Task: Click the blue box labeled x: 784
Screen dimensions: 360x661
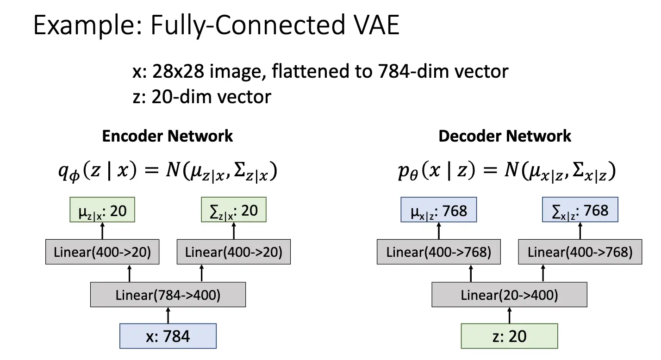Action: (x=168, y=336)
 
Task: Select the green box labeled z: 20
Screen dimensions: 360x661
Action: (x=509, y=336)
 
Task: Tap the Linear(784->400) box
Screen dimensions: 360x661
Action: (x=168, y=295)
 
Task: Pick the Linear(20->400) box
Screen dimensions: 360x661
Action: (x=509, y=295)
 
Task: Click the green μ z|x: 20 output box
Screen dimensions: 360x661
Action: (x=102, y=211)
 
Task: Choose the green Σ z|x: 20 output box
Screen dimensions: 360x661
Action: (x=234, y=211)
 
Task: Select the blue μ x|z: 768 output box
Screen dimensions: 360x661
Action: (x=438, y=211)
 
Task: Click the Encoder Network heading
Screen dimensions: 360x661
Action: (x=167, y=136)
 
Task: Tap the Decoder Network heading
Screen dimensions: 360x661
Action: (x=505, y=136)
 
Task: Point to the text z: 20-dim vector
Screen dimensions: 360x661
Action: (x=202, y=97)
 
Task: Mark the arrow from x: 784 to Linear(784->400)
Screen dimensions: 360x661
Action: (x=168, y=316)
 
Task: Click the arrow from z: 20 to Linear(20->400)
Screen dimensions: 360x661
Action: (x=509, y=316)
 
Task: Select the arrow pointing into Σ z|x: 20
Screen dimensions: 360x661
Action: (x=234, y=230)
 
